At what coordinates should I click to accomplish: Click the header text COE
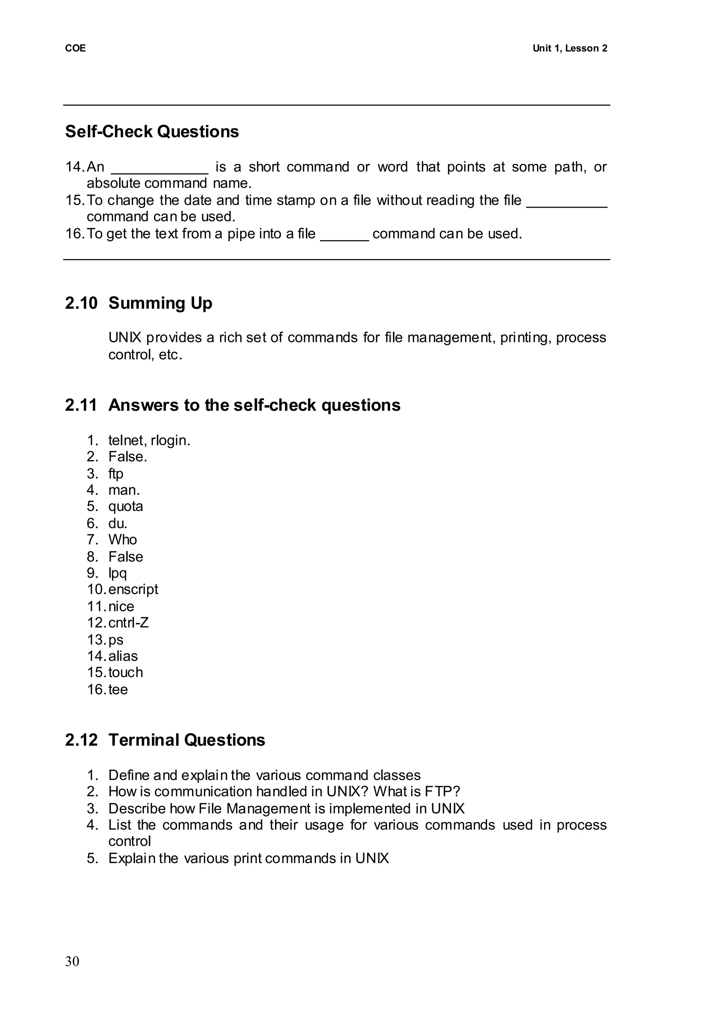[76, 49]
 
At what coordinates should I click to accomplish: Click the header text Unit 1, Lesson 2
[569, 49]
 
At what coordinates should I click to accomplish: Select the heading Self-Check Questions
[152, 131]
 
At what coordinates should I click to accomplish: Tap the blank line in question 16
[344, 238]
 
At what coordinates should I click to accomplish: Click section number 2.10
[81, 304]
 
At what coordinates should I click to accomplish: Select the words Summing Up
[160, 304]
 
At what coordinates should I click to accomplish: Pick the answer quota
[126, 506]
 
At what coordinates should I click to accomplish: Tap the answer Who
[123, 540]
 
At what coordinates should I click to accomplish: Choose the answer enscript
[133, 590]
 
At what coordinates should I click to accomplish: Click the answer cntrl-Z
[128, 623]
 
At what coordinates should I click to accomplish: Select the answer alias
[123, 656]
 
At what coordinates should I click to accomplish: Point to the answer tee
[118, 690]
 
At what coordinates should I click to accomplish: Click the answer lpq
[118, 573]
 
